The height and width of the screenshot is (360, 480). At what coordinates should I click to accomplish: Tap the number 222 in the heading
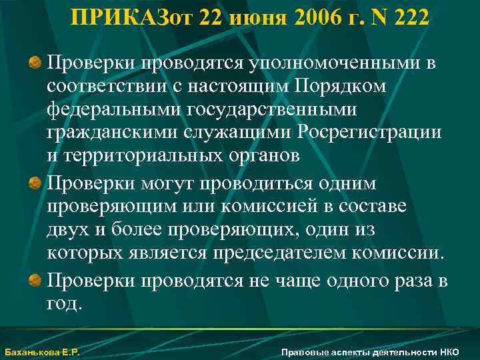point(411,19)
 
